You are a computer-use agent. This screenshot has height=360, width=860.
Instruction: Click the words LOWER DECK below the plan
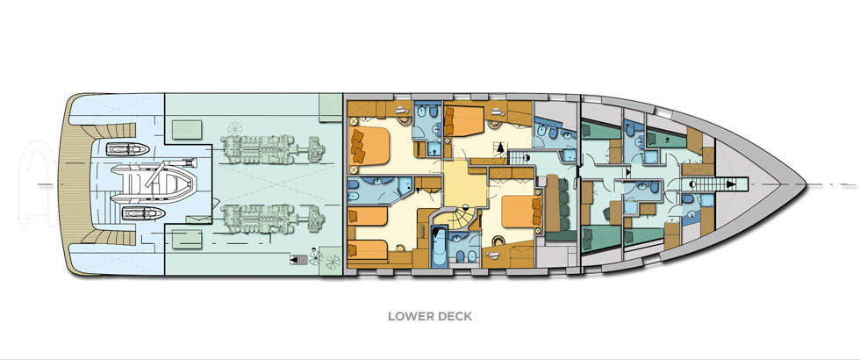[430, 317]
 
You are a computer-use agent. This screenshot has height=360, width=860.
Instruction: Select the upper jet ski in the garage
[128, 149]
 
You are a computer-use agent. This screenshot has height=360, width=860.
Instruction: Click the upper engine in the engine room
[273, 149]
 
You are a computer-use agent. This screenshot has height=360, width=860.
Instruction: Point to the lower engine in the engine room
[273, 219]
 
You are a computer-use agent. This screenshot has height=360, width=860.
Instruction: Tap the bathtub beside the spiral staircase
[438, 248]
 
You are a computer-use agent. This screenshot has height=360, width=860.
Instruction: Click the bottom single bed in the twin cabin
[368, 249]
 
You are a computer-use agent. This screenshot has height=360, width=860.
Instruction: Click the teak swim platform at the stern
[70, 184]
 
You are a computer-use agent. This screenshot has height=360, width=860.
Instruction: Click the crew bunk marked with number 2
[666, 140]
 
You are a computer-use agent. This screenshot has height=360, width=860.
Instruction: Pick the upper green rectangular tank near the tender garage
[187, 130]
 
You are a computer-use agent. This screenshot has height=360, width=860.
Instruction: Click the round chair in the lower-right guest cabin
[499, 241]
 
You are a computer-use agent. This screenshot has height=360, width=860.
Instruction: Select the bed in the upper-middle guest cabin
[464, 122]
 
